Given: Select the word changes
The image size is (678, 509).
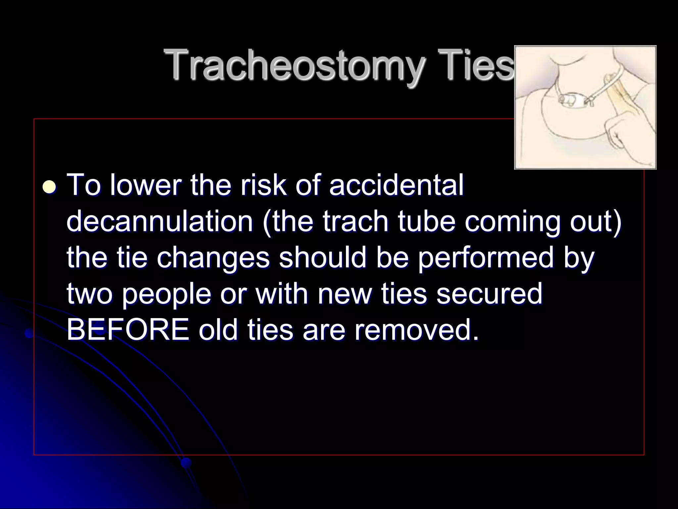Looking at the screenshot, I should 213,259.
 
